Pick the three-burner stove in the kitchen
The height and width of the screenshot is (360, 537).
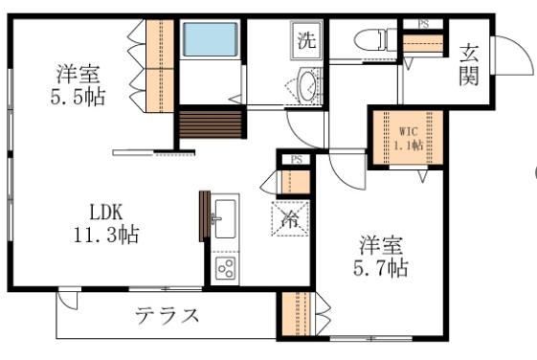227,269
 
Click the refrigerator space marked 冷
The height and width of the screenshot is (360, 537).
290,218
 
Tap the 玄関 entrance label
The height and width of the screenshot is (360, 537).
469,64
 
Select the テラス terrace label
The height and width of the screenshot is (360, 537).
167,315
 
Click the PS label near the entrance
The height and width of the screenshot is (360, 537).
423,23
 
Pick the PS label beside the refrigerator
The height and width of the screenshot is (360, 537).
297,160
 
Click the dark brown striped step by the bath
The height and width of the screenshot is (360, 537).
208,125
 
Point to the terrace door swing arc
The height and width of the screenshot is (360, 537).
67,300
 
